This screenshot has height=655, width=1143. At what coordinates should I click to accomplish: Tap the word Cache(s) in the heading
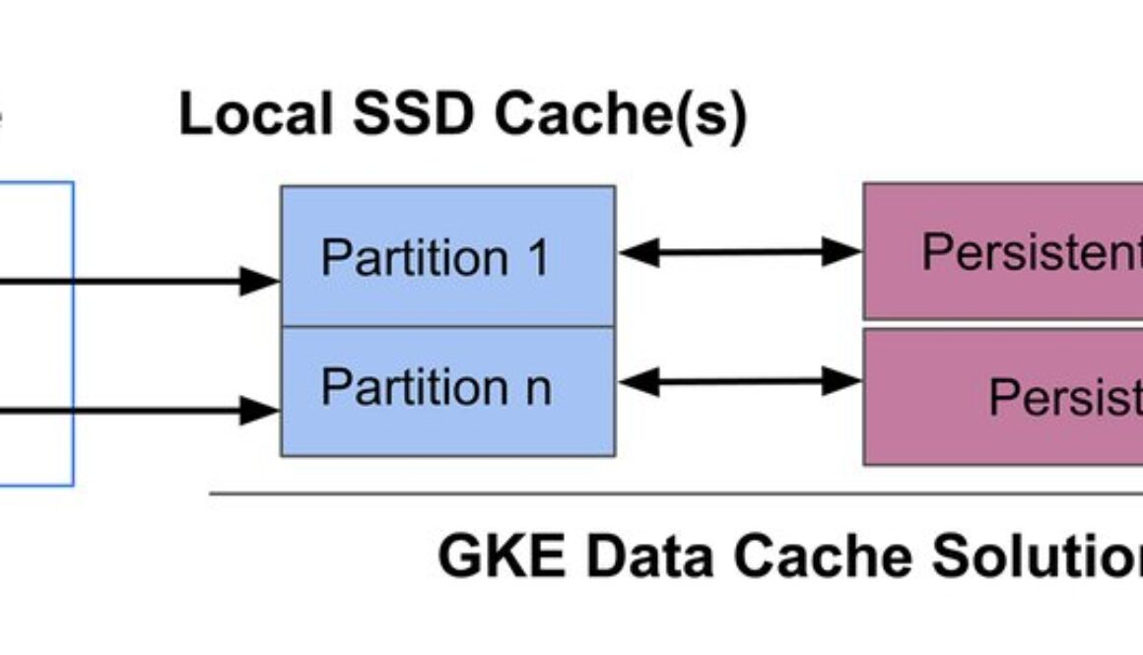click(620, 115)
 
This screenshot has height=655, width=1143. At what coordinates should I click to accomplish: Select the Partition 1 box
click(447, 255)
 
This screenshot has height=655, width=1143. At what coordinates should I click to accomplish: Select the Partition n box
click(447, 392)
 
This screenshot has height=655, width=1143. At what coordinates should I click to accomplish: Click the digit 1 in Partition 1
click(538, 257)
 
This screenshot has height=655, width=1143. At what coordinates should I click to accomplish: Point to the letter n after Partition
click(537, 387)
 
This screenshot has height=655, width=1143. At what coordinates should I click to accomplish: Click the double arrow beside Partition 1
click(739, 253)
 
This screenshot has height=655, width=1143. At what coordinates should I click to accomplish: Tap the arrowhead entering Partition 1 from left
click(261, 282)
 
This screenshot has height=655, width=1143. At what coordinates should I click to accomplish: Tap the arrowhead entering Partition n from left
click(261, 408)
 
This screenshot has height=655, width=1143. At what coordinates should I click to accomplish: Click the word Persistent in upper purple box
click(1031, 253)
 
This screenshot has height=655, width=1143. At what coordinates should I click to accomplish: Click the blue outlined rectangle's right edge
click(73, 335)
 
